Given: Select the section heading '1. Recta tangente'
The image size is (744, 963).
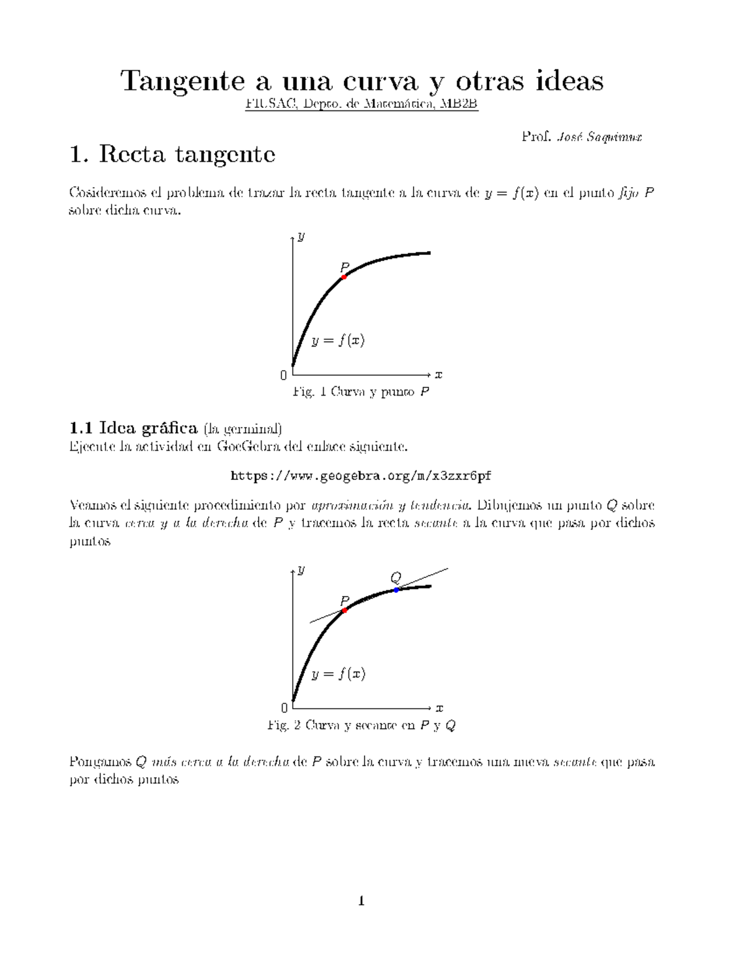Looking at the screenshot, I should click(x=172, y=154).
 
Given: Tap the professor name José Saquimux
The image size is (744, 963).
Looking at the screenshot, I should click(x=600, y=137).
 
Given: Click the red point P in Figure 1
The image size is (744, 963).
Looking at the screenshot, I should click(x=344, y=277).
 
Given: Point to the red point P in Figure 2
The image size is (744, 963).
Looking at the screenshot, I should click(x=344, y=610).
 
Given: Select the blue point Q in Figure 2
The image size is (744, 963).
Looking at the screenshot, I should click(x=396, y=590).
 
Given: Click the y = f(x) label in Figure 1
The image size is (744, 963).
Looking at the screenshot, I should click(x=338, y=340).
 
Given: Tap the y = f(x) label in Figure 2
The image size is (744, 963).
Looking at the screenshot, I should click(x=338, y=674).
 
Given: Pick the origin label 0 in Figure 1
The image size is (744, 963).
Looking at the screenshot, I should click(x=283, y=375).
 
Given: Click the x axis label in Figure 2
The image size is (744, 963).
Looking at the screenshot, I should click(x=439, y=708).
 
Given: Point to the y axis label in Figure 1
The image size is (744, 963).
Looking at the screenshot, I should click(x=301, y=236).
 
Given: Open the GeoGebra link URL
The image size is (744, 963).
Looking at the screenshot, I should click(x=361, y=476).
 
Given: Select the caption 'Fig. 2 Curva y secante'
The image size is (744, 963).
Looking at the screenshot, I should click(x=361, y=725).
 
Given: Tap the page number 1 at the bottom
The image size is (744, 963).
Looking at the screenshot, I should click(x=361, y=901).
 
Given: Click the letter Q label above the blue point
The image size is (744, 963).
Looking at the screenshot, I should click(x=395, y=578).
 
